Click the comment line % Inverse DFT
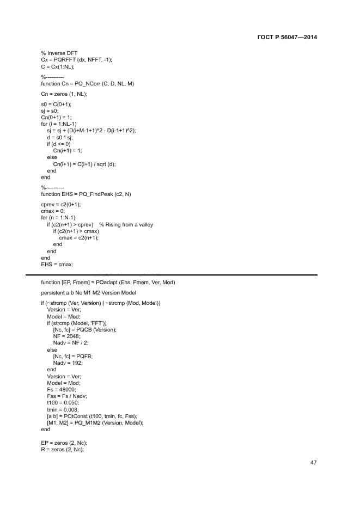point(58,53)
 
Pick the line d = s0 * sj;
point(62,138)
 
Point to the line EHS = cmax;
point(57,265)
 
